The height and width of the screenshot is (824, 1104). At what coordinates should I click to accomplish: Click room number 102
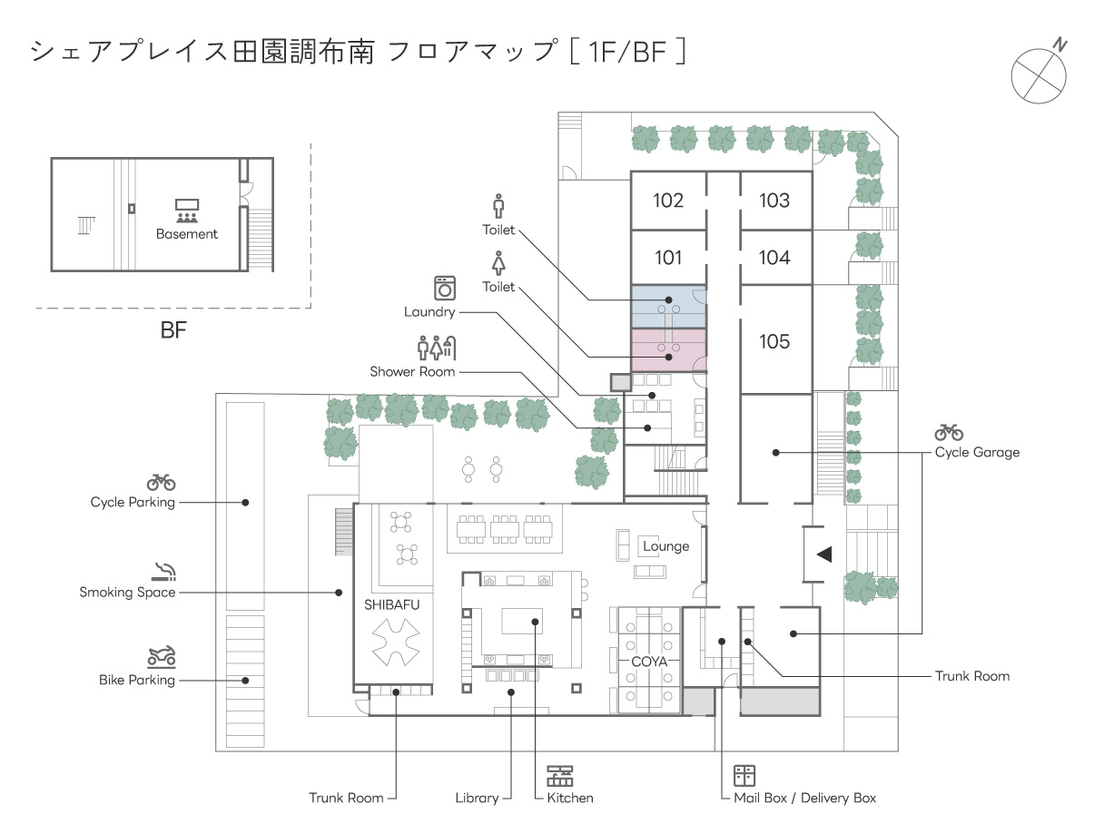(x=668, y=201)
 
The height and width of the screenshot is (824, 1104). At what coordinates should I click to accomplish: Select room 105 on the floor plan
(x=774, y=342)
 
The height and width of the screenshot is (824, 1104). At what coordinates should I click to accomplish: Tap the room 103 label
(x=774, y=201)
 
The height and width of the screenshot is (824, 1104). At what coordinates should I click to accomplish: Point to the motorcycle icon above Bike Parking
(x=162, y=656)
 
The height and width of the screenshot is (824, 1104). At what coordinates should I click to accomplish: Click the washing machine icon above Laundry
(x=445, y=288)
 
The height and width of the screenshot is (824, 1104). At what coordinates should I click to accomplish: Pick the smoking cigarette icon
(x=163, y=572)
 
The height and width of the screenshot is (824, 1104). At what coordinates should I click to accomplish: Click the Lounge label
(x=665, y=546)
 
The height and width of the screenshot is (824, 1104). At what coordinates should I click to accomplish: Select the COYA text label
(x=649, y=662)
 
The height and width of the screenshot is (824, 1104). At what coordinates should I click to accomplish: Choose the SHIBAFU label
(x=392, y=604)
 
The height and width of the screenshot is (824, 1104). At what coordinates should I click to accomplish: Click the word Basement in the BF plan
(x=187, y=234)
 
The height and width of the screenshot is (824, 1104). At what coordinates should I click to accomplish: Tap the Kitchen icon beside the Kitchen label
(x=560, y=776)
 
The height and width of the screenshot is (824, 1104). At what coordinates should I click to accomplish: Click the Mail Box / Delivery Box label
(x=804, y=798)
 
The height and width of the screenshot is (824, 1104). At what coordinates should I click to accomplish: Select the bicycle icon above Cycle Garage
(x=949, y=432)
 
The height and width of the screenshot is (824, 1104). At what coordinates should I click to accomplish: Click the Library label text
(x=477, y=798)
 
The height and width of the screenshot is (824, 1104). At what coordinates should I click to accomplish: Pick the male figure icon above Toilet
(x=498, y=206)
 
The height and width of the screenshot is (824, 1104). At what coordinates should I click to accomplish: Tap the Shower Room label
(x=412, y=371)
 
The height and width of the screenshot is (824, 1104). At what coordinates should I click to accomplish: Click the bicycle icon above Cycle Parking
(x=161, y=482)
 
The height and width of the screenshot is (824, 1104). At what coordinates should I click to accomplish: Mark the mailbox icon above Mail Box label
(x=744, y=776)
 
